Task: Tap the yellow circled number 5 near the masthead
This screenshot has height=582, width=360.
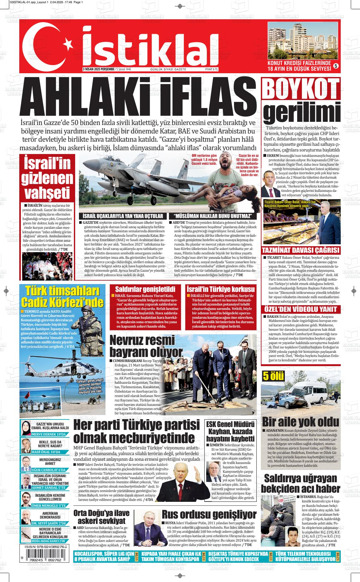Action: click(x=336, y=66)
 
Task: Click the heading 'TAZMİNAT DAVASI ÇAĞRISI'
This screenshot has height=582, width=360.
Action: click(x=301, y=251)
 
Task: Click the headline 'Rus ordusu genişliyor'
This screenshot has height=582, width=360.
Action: click(x=209, y=514)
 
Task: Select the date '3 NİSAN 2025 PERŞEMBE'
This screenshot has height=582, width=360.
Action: click(x=98, y=69)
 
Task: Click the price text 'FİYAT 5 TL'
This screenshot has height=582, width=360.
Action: click(x=212, y=69)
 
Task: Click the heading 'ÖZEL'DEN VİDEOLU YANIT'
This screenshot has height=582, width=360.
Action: click(x=301, y=309)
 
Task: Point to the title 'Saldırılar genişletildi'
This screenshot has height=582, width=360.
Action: click(x=145, y=289)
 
